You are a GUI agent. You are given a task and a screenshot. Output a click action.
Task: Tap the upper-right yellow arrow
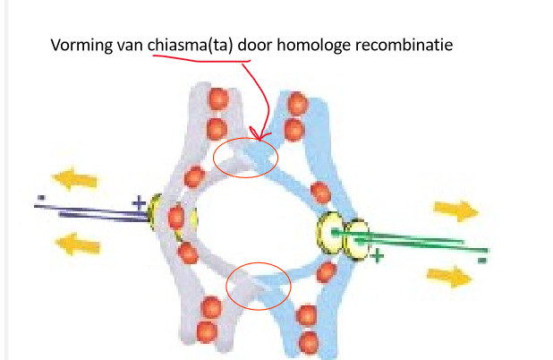coord(457,210)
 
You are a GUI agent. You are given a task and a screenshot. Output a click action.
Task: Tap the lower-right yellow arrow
coord(452,277)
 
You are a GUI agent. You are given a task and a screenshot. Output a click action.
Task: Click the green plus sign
coord(379,256)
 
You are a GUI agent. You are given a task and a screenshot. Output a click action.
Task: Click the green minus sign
coord(482,260)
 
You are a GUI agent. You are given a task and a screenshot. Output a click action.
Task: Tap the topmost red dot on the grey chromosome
coord(216,97)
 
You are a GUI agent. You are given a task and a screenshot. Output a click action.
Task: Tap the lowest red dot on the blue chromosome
coord(308,341)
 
